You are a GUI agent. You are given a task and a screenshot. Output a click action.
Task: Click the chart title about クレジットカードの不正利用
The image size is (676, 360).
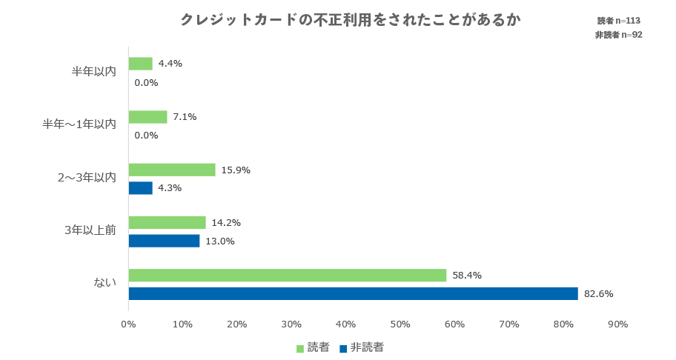[x=350, y=20]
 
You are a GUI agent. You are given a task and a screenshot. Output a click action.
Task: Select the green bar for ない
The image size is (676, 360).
[x=288, y=276]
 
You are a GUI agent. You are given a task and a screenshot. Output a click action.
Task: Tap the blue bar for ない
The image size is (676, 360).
[x=353, y=293]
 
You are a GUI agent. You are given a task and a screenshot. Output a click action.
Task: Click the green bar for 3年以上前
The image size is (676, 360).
[x=167, y=222]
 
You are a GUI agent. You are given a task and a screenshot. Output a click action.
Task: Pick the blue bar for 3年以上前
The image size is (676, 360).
[x=164, y=241]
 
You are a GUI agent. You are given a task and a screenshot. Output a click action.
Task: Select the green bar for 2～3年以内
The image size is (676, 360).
[x=172, y=170]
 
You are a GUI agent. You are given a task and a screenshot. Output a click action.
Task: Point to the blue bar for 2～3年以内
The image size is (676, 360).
[x=140, y=188]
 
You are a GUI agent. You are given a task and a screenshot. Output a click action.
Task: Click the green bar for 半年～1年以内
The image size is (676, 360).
[x=148, y=117]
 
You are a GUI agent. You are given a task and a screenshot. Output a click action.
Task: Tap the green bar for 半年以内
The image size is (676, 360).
[x=140, y=64]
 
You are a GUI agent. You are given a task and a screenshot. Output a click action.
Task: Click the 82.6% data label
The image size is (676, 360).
[x=599, y=294]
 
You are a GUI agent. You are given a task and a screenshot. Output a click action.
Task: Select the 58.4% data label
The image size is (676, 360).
[x=467, y=276]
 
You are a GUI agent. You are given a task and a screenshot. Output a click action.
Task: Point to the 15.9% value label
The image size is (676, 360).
[x=236, y=170]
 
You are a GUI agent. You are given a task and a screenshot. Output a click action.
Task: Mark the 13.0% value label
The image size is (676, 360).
[x=219, y=241]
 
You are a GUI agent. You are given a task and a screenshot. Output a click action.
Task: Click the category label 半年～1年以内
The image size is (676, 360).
[x=79, y=124]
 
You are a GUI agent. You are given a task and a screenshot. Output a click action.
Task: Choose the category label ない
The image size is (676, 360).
[x=105, y=282]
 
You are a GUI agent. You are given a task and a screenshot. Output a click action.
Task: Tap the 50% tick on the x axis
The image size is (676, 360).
[x=400, y=324]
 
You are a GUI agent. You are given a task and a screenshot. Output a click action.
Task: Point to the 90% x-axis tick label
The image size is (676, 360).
[x=617, y=324]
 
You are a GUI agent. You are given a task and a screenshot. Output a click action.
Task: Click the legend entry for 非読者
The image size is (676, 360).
[x=361, y=347]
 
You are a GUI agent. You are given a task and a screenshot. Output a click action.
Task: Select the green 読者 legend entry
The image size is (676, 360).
[x=312, y=347]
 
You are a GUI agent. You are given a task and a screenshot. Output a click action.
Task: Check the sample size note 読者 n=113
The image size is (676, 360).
[x=619, y=21]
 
